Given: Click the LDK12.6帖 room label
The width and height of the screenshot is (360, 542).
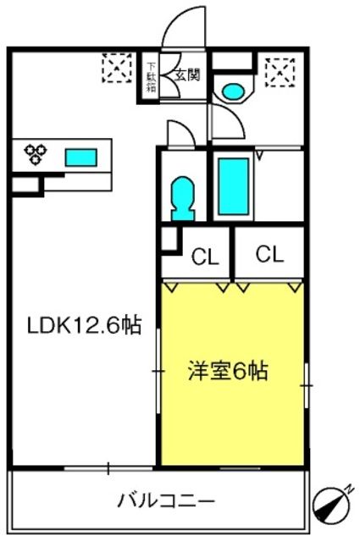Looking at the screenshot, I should click(x=82, y=325).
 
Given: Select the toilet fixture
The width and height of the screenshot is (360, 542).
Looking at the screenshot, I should click(x=182, y=197).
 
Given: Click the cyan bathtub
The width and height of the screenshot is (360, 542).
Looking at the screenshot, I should click(x=231, y=186).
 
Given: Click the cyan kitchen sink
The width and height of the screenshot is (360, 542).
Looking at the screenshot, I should click(x=80, y=157).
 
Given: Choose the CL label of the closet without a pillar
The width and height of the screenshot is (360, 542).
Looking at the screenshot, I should click(x=269, y=253).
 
